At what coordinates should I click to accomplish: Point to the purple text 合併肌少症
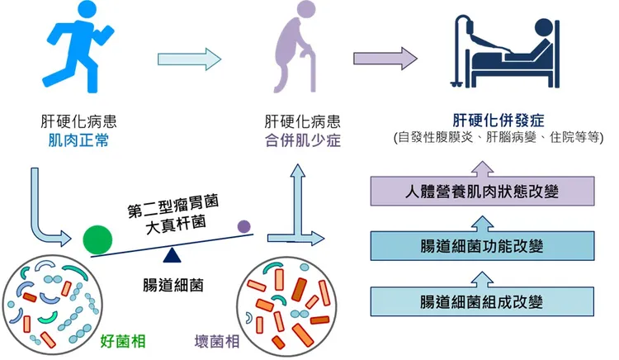pyautogui.click(x=296, y=140)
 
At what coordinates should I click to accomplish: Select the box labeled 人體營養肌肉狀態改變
pyautogui.click(x=483, y=192)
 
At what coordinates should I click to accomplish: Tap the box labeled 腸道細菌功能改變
pyautogui.click(x=483, y=245)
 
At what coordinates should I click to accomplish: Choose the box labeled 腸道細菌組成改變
pyautogui.click(x=483, y=299)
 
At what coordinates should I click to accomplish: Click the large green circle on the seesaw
pyautogui.click(x=97, y=238)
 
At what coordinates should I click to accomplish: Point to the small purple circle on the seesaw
pyautogui.click(x=244, y=225)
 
